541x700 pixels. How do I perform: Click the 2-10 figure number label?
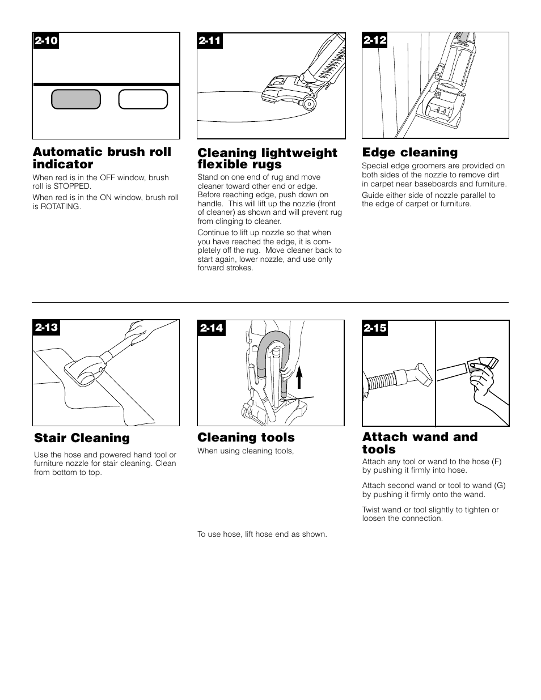[x=46, y=41]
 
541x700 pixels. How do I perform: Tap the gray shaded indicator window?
[x=76, y=99]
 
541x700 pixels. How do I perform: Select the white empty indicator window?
[x=143, y=99]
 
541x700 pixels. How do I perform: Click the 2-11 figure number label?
[x=210, y=41]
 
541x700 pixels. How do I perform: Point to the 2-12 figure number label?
[x=375, y=40]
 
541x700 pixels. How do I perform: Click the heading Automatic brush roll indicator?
[x=102, y=158]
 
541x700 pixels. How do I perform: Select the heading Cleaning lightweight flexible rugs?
[x=267, y=159]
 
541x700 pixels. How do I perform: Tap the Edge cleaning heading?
[x=409, y=152]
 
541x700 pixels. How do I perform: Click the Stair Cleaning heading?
[x=82, y=438]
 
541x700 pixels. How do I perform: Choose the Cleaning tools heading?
[x=246, y=438]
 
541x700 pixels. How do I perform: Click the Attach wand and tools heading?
[x=420, y=443]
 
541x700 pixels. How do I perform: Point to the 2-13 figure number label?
[x=47, y=328]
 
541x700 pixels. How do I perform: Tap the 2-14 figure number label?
[x=211, y=328]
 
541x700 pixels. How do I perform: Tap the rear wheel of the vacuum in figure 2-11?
[x=310, y=103]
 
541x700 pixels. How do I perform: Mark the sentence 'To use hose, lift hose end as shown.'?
[x=262, y=534]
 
